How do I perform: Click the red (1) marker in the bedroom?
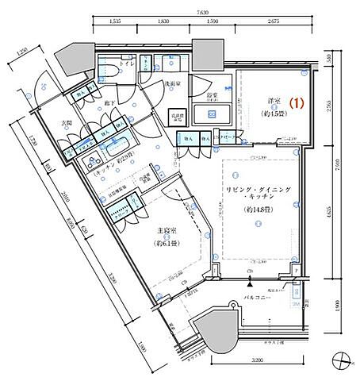pos(297,102)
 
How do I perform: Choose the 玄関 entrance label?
pos(67,123)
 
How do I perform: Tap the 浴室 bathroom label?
pos(213,94)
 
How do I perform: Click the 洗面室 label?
pos(175,83)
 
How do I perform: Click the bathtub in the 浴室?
pos(213,114)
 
